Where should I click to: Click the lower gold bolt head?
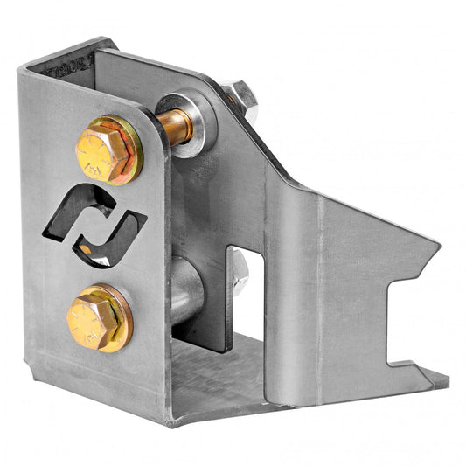point(94,318)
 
